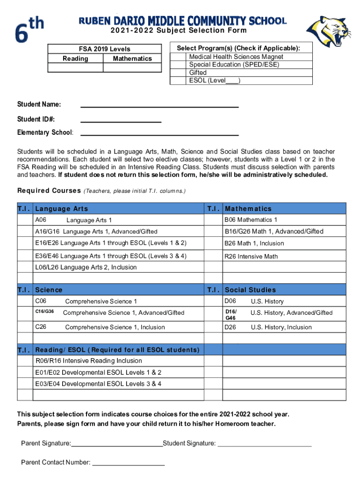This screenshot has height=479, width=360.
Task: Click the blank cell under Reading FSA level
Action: pyautogui.click(x=75, y=67)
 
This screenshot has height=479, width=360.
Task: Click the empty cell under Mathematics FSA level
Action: pyautogui.click(x=132, y=67)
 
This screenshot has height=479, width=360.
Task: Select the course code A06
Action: pyautogui.click(x=41, y=220)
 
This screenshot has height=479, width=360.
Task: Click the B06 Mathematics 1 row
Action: pyautogui.click(x=251, y=220)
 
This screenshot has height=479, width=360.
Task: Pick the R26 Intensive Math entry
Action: pyautogui.click(x=251, y=256)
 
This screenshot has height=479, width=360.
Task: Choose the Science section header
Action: pyautogui.click(x=49, y=290)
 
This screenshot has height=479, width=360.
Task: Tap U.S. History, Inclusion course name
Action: pyautogui.click(x=281, y=327)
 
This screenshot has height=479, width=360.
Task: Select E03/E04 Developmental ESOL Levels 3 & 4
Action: pyautogui.click(x=98, y=384)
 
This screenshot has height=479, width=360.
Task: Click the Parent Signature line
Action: pyautogui.click(x=116, y=444)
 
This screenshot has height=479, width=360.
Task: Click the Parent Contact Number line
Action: pyautogui.click(x=129, y=463)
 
